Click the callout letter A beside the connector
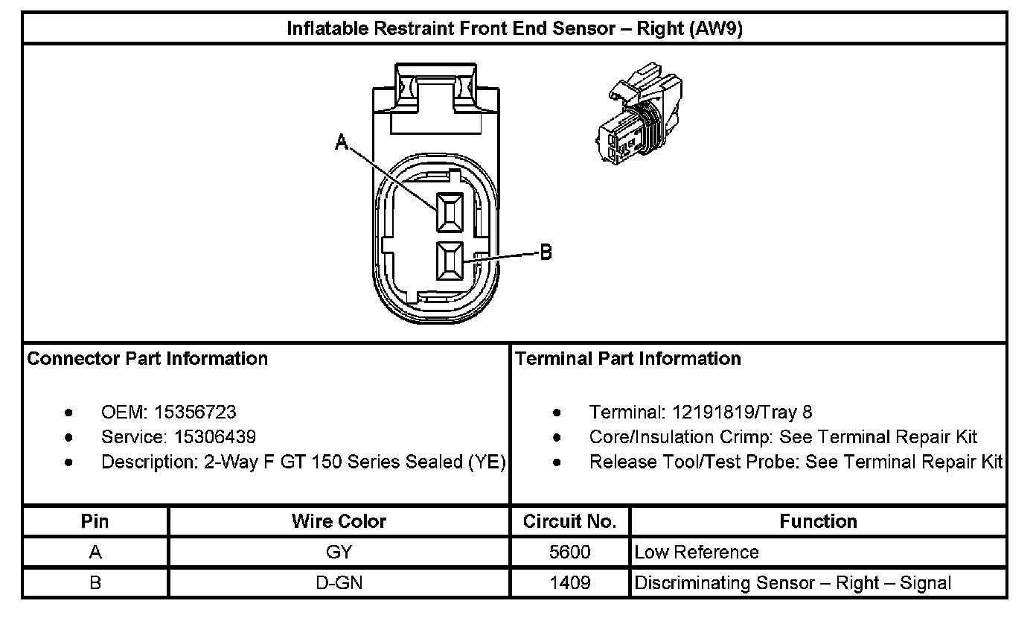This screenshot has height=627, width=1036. [x=342, y=142]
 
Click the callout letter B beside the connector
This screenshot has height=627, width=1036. [x=546, y=252]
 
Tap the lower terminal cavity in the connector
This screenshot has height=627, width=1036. [x=450, y=261]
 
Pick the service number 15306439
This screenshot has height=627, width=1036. [x=215, y=437]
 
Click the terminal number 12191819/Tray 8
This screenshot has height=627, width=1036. [x=741, y=412]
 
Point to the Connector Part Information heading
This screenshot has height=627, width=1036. [x=147, y=358]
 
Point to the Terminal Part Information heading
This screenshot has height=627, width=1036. [x=628, y=358]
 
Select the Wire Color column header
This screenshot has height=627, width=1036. [x=339, y=521]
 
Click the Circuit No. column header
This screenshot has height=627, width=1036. [x=570, y=521]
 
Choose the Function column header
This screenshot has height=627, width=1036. [x=818, y=521]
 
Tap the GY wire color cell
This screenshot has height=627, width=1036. [x=339, y=552]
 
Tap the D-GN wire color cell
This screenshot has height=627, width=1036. [x=339, y=582]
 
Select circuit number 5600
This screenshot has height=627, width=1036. [x=570, y=552]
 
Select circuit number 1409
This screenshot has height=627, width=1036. [x=570, y=582]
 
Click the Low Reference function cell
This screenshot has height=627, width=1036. [x=697, y=552]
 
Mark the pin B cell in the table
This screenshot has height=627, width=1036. [x=95, y=582]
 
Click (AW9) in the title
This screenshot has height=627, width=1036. [x=716, y=29]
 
